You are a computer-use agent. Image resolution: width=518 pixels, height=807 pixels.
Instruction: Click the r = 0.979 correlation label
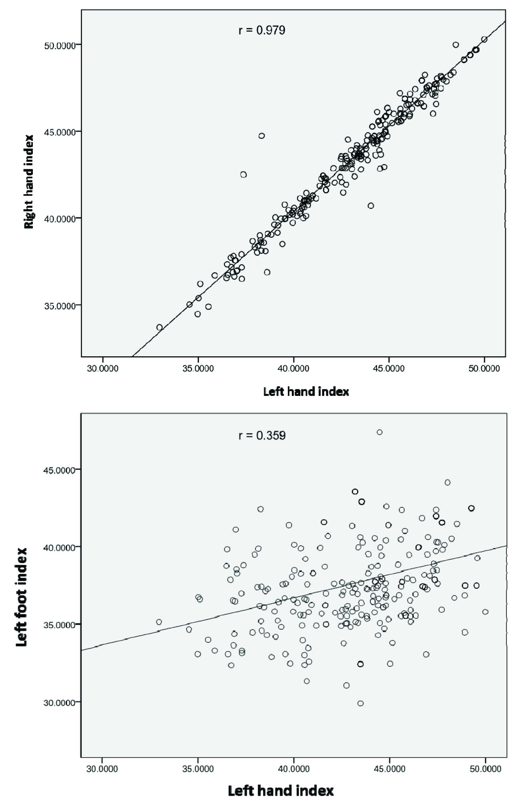click(x=262, y=30)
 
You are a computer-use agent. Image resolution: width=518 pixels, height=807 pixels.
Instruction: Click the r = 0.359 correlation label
click(x=262, y=436)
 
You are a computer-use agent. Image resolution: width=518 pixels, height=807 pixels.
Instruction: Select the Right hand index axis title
click(x=29, y=181)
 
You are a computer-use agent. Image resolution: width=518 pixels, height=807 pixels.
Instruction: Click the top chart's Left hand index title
click(x=306, y=391)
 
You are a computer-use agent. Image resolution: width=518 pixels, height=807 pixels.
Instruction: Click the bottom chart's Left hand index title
click(x=281, y=791)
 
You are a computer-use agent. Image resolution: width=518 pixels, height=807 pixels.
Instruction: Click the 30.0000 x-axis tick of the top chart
click(x=102, y=368)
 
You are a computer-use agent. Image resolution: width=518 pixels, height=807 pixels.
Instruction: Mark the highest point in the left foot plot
click(x=379, y=432)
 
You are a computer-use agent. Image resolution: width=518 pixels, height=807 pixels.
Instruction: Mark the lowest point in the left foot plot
click(x=360, y=703)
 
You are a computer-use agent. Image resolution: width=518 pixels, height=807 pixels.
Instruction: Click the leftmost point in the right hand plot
click(x=159, y=327)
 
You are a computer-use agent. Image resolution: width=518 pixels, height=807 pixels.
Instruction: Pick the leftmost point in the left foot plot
click(x=159, y=622)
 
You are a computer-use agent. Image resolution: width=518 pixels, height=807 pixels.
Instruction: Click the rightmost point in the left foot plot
click(x=486, y=612)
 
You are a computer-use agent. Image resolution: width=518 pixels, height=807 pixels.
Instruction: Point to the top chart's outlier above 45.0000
click(x=261, y=136)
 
